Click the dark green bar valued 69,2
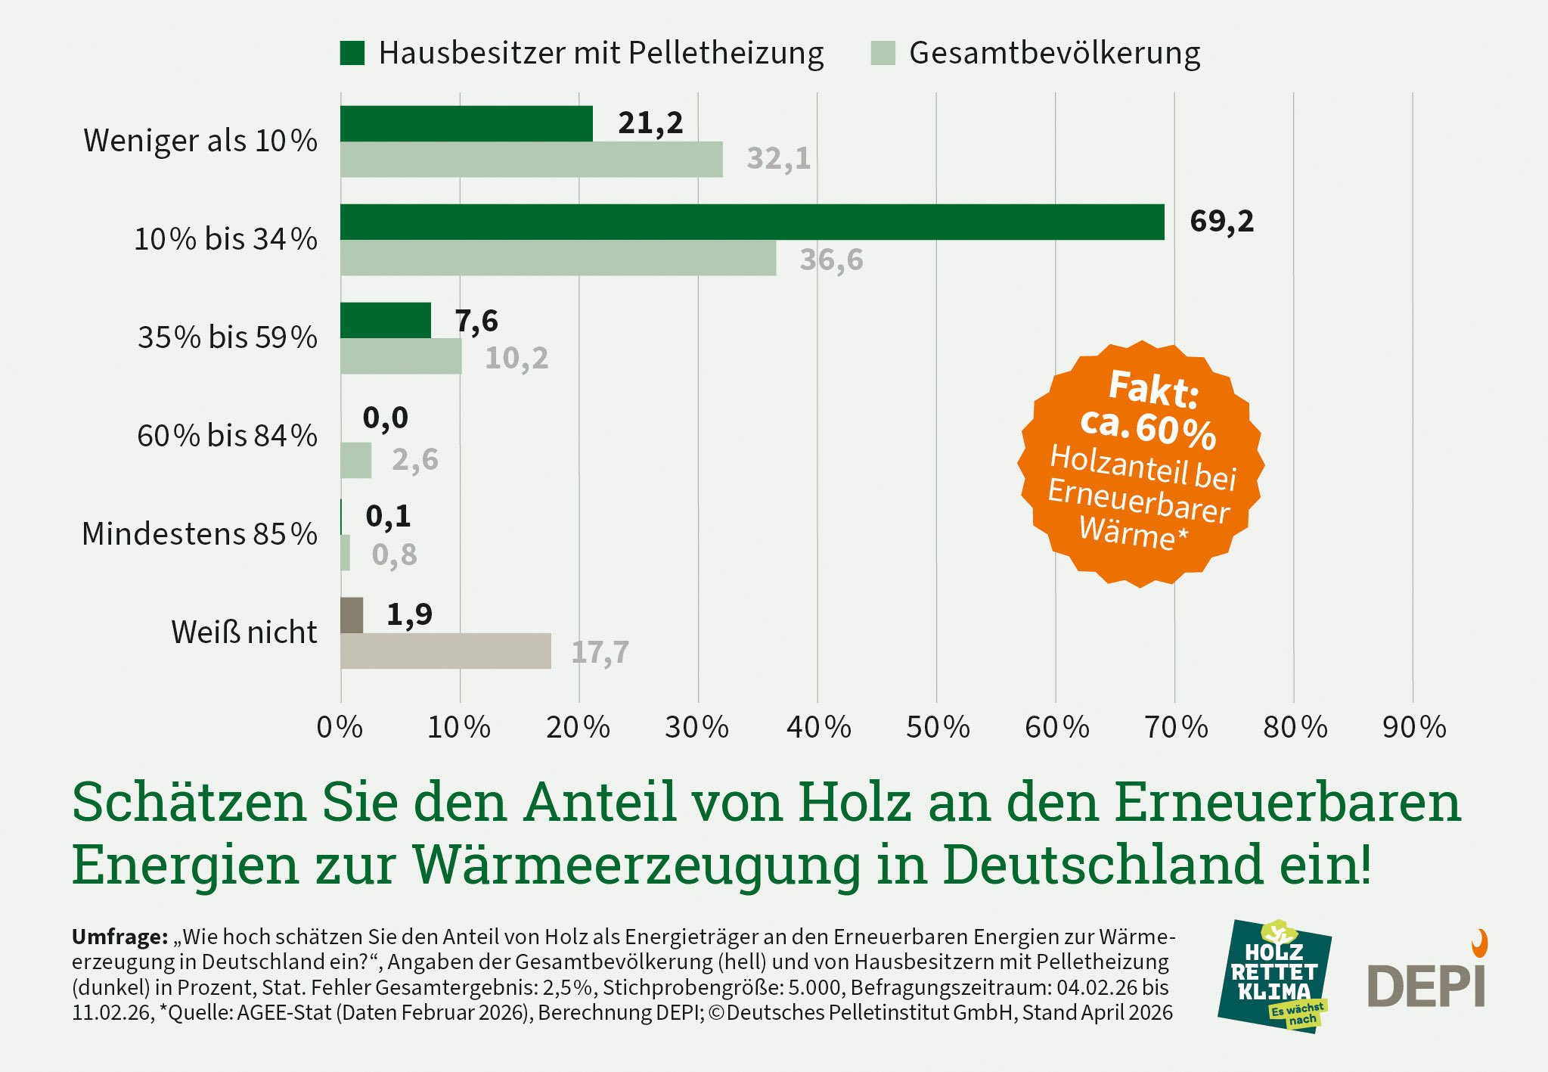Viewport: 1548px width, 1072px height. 752,222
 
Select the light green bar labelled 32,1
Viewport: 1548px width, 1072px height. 531,160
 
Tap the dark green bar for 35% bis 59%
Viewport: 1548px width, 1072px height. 385,320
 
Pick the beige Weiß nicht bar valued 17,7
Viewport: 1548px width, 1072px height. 445,651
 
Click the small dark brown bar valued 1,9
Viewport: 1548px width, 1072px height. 352,615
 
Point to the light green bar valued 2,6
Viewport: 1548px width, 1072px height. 355,460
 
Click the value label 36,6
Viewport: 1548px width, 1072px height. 831,260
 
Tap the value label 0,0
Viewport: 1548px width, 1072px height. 385,418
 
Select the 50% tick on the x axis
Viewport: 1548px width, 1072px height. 938,728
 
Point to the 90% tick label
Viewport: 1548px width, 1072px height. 1413,728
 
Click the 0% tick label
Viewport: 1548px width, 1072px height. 340,728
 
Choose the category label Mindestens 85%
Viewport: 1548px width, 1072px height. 200,534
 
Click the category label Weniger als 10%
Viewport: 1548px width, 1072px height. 200,141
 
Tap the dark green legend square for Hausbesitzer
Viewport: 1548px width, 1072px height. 352,53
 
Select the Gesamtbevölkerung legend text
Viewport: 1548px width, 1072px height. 1054,53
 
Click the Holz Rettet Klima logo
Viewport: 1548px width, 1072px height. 1274,977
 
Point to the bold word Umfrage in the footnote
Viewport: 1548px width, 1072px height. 119,937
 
